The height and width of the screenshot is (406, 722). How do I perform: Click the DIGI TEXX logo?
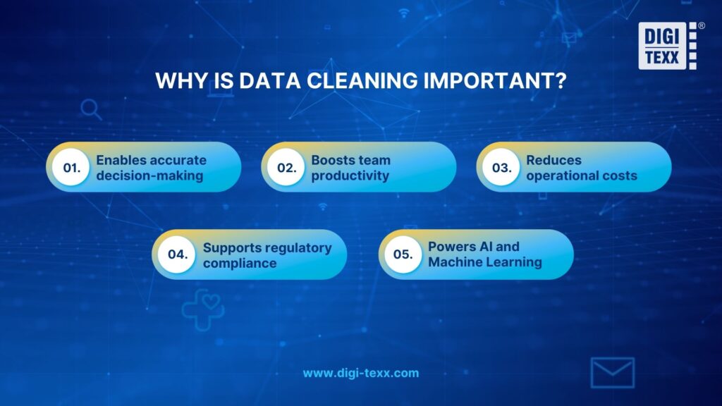668,46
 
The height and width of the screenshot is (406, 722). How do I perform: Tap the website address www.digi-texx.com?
360,373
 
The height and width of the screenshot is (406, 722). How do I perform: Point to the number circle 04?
176,254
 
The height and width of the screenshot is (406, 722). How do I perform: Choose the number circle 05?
403,254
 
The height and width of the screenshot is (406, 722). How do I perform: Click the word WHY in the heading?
178,80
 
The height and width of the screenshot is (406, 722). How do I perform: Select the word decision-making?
149,176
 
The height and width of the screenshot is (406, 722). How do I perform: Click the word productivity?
350,176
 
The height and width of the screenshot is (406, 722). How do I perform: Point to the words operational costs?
582,176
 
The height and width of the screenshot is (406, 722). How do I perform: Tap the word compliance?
240,263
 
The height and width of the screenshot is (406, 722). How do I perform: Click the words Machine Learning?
485,262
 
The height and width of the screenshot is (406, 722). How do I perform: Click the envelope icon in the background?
612,373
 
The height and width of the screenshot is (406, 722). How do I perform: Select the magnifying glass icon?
91,109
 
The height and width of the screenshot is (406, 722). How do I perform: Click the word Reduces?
553,160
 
